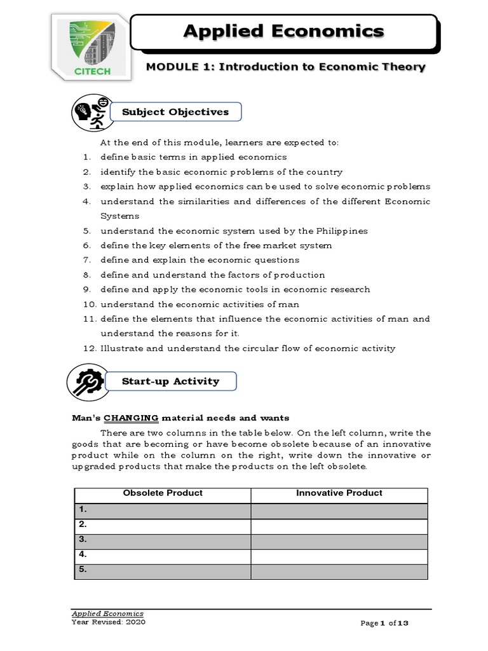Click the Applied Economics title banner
[x=283, y=31]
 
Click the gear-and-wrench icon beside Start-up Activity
[x=90, y=382]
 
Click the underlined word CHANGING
[x=131, y=418]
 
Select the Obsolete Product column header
[x=163, y=493]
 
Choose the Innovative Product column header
[x=339, y=493]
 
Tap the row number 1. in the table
[x=83, y=510]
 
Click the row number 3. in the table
[x=83, y=540]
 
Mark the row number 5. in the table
[x=83, y=570]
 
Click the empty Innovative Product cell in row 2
[x=339, y=525]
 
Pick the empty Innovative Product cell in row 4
[x=339, y=555]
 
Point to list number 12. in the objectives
[x=88, y=348]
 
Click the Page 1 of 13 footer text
[x=384, y=624]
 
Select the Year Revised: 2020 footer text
[x=108, y=622]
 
